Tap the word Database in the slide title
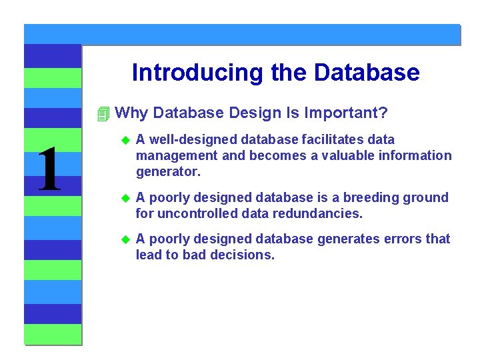click(368, 73)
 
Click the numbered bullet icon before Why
click(102, 114)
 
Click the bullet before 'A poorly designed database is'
click(123, 198)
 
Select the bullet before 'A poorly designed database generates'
click(123, 239)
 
